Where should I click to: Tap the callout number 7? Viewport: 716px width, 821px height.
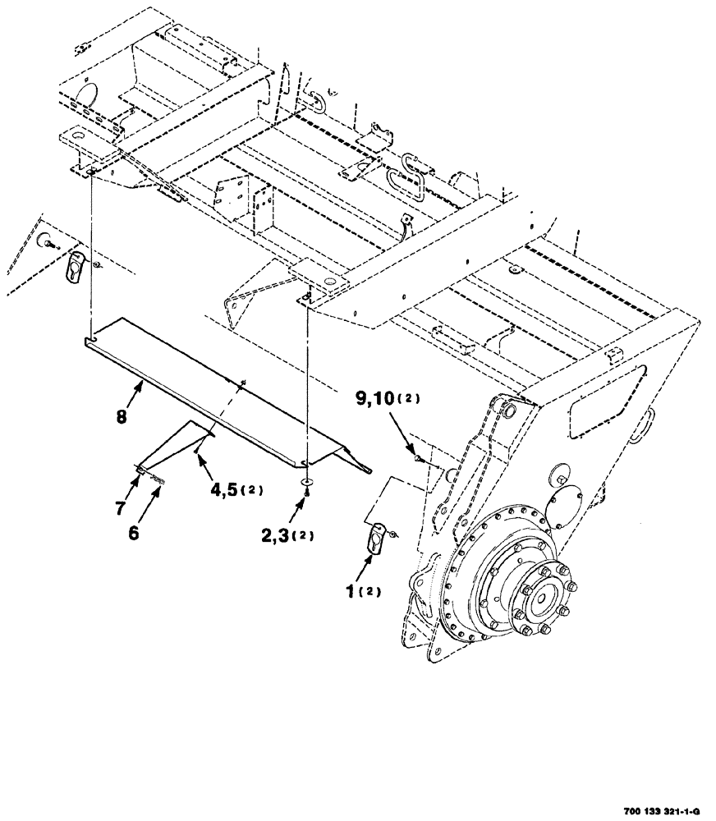click(x=121, y=507)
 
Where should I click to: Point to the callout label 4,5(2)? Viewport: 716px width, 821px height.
click(x=234, y=489)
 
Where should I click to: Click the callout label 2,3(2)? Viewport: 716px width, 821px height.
click(x=285, y=535)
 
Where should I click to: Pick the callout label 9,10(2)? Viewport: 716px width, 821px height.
click(x=386, y=400)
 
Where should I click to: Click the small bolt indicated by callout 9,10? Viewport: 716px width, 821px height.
click(x=419, y=456)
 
